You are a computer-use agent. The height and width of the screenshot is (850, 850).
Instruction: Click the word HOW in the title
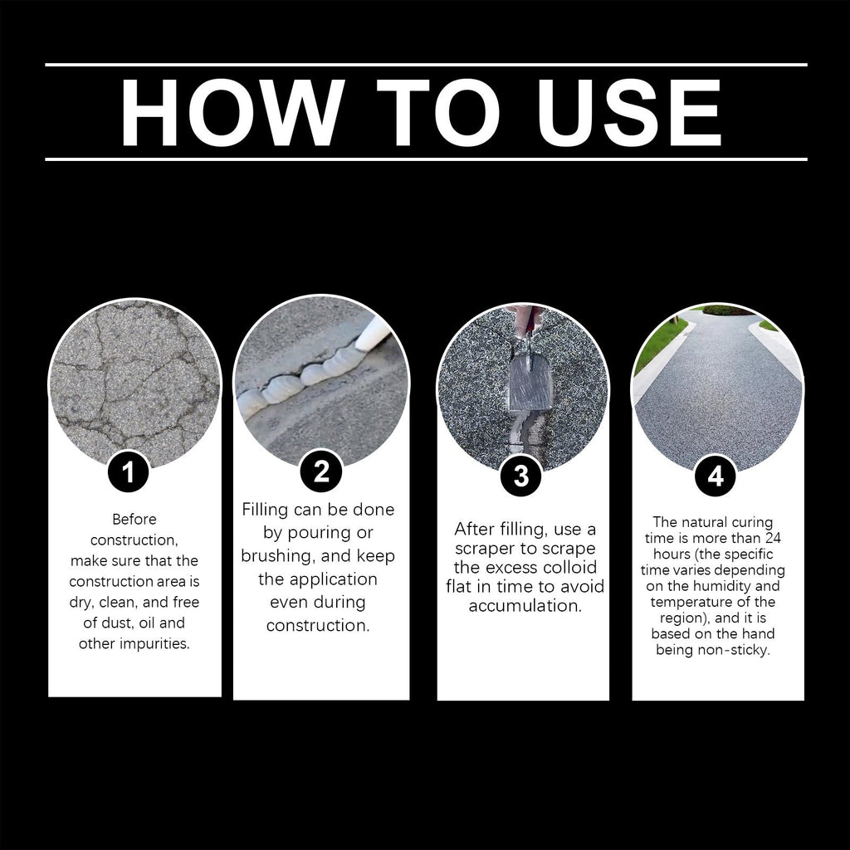coord(232,113)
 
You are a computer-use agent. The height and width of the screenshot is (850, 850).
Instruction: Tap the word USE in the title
coord(628,113)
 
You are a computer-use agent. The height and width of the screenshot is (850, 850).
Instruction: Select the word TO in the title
coord(438,113)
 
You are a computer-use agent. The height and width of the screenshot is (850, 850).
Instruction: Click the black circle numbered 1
coord(128,471)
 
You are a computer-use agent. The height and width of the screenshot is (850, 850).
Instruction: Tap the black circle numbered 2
coord(321,471)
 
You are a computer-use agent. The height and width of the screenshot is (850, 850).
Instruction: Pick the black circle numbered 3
coord(521,476)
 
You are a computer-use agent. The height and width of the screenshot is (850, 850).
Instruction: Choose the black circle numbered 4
coord(716,476)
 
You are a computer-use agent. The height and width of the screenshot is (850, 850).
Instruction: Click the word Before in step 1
coord(134,520)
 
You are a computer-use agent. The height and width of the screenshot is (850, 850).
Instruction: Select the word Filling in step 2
coord(265,510)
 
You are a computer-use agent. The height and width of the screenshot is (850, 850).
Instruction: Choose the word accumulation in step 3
coord(525,606)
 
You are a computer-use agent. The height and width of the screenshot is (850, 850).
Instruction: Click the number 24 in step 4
coord(773,538)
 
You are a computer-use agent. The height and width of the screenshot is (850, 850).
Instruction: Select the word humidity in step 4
coord(720,587)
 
